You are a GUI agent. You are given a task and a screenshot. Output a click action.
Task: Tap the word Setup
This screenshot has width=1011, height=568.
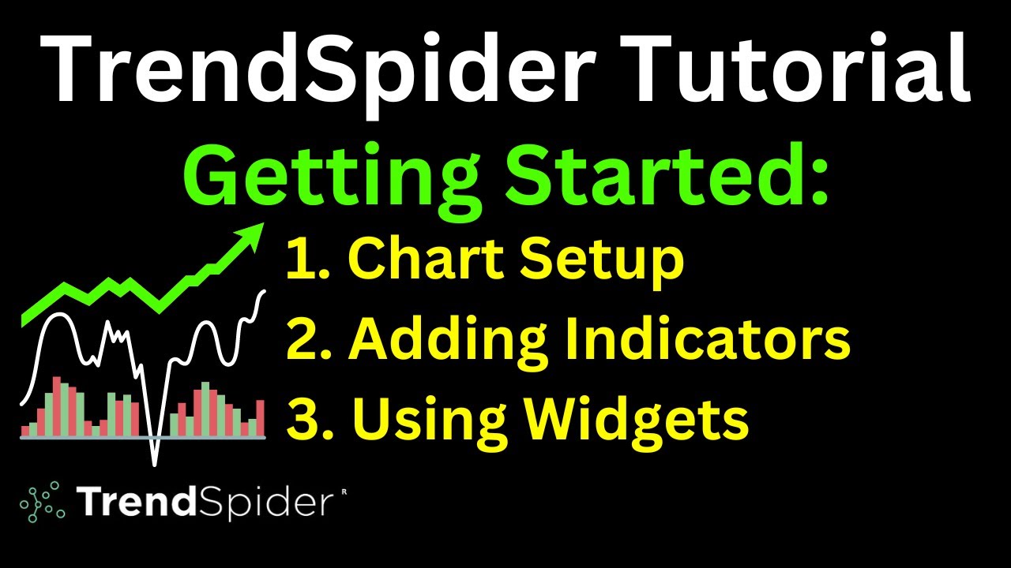[x=608, y=260]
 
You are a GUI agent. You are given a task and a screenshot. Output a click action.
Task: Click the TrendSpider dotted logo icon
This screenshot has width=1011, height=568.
[x=42, y=501]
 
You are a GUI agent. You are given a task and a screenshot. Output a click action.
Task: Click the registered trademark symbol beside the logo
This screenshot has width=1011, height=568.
[x=344, y=491]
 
